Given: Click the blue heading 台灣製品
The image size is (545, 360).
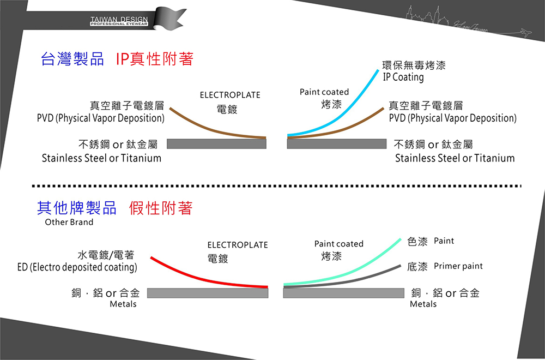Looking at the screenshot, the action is click(72, 59).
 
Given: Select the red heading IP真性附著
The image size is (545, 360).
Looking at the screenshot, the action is click(155, 59).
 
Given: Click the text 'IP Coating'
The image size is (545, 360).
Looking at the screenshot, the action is click(403, 77).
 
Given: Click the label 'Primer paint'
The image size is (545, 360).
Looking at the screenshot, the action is click(458, 266).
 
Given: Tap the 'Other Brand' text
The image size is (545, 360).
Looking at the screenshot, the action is click(69, 222).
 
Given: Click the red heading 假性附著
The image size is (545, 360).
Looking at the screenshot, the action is click(161, 208).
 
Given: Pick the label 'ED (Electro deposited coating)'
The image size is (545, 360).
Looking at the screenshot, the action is click(77, 267).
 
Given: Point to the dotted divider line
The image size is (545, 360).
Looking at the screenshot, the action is click(277, 186).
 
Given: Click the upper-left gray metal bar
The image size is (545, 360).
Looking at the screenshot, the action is click(216, 144).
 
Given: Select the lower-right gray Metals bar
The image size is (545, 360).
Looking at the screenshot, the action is click(344, 293).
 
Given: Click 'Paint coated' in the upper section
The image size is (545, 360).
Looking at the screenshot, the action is click(324, 92).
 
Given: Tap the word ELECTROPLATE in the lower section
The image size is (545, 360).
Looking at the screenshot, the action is click(238, 245).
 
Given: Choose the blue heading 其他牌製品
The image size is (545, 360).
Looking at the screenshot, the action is click(76, 208).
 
